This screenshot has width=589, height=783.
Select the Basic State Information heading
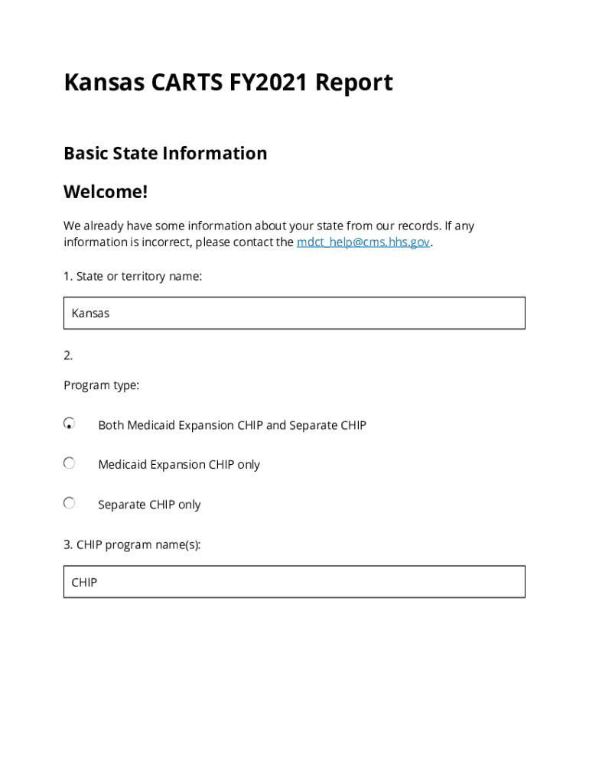tap(165, 153)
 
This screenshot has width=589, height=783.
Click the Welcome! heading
tap(106, 191)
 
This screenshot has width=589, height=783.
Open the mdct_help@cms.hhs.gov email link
tap(363, 242)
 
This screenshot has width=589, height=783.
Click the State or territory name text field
tap(294, 313)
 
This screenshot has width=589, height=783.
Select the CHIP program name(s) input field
tap(294, 582)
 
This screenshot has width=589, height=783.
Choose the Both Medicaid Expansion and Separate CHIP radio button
tap(70, 423)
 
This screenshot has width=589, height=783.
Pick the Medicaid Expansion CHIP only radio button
tap(70, 463)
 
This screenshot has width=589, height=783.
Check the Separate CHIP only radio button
tap(70, 502)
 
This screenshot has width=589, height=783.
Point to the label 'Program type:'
tap(101, 385)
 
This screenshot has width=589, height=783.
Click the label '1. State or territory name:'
tap(133, 276)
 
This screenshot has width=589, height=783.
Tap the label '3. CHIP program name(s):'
tap(132, 545)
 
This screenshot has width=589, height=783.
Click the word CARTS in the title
tap(184, 82)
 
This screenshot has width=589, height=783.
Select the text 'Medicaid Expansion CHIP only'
tap(179, 465)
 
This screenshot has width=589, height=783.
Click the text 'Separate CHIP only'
tap(149, 505)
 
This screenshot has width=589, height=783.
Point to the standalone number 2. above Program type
tap(68, 355)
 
